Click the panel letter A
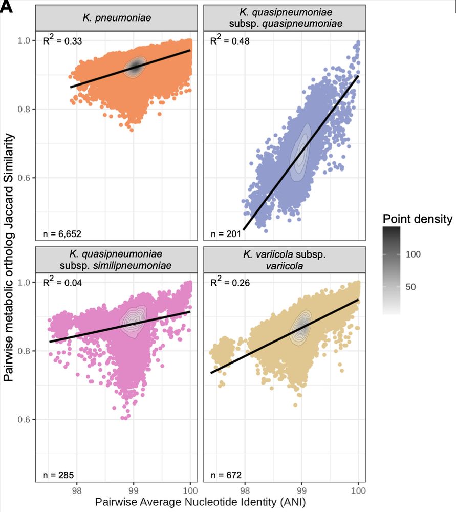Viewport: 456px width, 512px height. click(x=7, y=7)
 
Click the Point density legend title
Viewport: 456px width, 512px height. click(x=417, y=219)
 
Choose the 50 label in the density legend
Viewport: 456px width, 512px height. click(x=410, y=287)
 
